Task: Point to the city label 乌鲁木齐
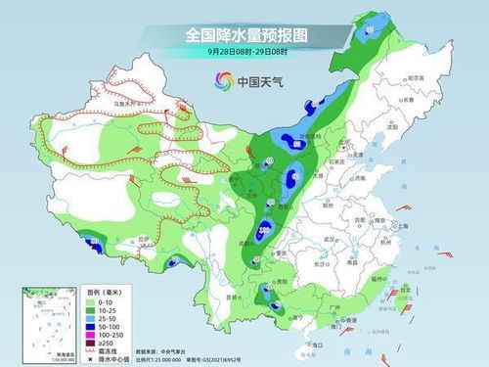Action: click(x=123, y=101)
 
